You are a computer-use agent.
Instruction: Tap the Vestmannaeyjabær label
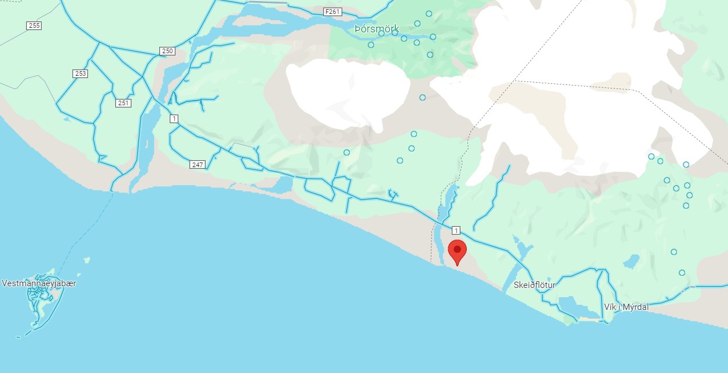coord(39,283)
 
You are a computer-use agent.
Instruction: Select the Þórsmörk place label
coord(377,29)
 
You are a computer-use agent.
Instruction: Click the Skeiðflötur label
coord(534,285)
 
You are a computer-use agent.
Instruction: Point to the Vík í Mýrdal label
coord(626,307)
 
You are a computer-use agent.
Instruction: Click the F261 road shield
coord(331,11)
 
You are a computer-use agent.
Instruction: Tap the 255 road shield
coord(34,25)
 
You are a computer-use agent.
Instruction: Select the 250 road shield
coord(167,51)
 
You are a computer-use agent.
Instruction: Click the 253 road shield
coord(80,73)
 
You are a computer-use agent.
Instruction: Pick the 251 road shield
coord(123,103)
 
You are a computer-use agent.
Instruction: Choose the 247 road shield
coord(197,165)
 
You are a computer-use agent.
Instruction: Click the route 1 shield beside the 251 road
coord(174,119)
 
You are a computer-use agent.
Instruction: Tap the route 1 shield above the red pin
coord(456,230)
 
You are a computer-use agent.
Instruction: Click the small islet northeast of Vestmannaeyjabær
coord(86,260)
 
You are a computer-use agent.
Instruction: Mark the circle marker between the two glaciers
coord(422,97)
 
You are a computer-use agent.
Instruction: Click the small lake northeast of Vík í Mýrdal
coord(631,261)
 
